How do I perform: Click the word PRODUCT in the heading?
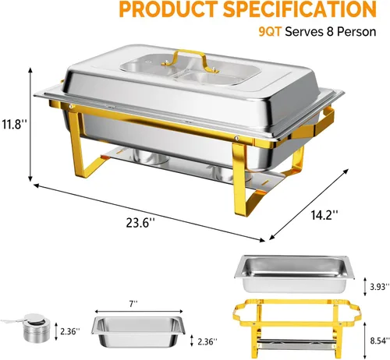click(x=168, y=9)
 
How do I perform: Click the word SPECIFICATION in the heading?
click(x=300, y=9)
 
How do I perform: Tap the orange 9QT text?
click(x=270, y=32)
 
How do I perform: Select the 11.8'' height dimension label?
click(x=14, y=124)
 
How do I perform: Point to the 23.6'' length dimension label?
click(x=140, y=223)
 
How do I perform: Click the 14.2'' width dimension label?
click(x=324, y=215)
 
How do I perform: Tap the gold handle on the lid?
click(x=188, y=61)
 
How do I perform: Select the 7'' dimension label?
click(x=133, y=304)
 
